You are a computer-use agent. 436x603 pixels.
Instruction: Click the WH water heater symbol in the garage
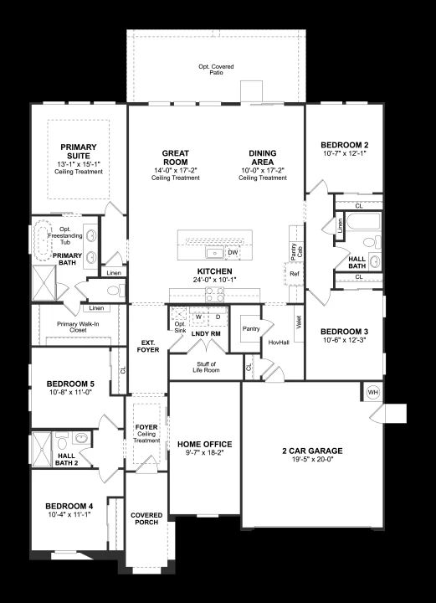372,392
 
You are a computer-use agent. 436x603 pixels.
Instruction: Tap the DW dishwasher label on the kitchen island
233,253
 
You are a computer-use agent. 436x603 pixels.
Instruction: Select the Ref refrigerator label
295,274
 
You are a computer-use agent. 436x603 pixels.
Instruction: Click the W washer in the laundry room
198,317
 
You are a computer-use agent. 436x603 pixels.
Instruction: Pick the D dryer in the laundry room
218,317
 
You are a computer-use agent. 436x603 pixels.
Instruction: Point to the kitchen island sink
214,253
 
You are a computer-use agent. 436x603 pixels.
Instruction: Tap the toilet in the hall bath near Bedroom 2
371,242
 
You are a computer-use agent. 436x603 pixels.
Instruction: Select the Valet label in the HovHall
299,322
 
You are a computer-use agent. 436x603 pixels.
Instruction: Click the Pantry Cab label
296,252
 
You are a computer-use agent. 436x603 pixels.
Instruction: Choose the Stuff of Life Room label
206,367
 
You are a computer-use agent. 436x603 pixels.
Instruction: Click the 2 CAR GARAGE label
312,451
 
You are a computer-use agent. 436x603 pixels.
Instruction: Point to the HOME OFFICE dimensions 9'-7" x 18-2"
204,452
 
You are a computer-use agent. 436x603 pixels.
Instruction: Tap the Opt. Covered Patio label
216,70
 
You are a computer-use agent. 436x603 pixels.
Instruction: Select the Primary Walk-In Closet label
78,327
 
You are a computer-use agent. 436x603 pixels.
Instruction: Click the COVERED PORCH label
146,518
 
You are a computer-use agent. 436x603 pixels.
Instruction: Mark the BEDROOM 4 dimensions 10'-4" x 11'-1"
69,514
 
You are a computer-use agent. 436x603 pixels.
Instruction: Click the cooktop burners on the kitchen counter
215,294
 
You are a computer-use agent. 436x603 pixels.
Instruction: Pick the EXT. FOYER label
148,346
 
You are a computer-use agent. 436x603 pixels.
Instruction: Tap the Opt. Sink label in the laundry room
180,327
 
